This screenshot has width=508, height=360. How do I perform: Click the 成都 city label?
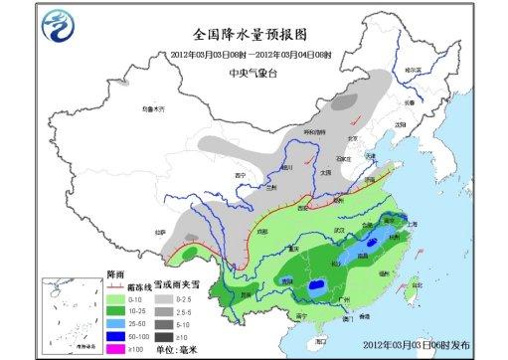(260, 231)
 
